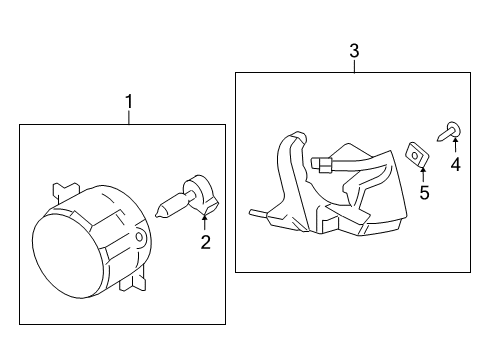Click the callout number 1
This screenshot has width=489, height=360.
pyautogui.click(x=129, y=101)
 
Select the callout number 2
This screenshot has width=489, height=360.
pyautogui.click(x=206, y=242)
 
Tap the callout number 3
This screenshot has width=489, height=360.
pyautogui.click(x=354, y=51)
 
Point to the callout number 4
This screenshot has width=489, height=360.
pyautogui.click(x=455, y=165)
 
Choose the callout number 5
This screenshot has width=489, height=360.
pyautogui.click(x=424, y=193)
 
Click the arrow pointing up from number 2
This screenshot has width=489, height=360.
pyautogui.click(x=204, y=222)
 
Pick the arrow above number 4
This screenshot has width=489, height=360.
pyautogui.click(x=455, y=144)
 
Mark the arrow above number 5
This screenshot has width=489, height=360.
pyautogui.click(x=423, y=174)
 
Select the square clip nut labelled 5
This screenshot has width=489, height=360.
pyautogui.click(x=417, y=154)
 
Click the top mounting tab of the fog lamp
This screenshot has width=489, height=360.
pyautogui.click(x=66, y=192)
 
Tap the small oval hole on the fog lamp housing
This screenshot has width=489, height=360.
pyautogui.click(x=139, y=237)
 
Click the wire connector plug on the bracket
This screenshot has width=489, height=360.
pyautogui.click(x=322, y=165)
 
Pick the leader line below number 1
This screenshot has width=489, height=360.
pyautogui.click(x=129, y=117)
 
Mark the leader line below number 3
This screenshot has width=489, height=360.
pyautogui.click(x=355, y=66)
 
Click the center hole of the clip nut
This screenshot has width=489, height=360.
pyautogui.click(x=415, y=155)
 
